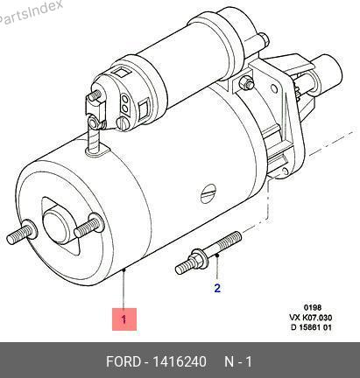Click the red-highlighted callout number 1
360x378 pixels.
124,319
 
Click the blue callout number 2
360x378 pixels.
217,288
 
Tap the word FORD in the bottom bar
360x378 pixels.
123,362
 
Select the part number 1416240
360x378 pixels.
180,362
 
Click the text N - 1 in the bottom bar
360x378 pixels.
238,362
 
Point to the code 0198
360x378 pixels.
313,307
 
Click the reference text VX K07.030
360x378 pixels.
311,318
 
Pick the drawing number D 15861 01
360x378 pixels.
311,327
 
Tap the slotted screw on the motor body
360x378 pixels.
208,193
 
